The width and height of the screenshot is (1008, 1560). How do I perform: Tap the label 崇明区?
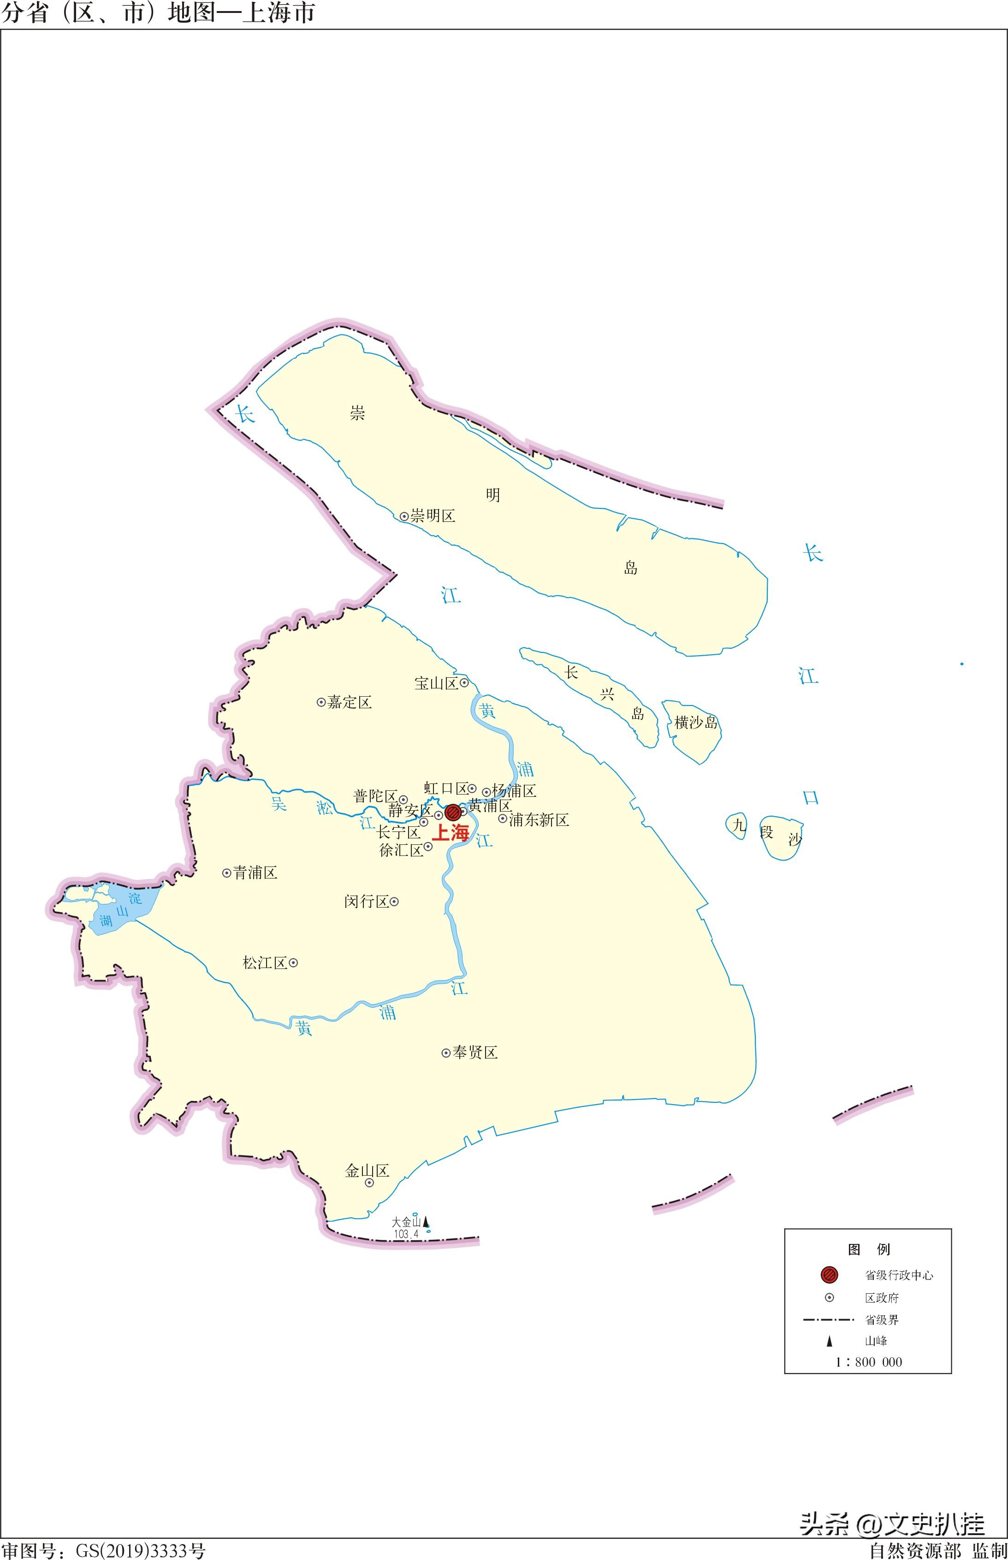[433, 516]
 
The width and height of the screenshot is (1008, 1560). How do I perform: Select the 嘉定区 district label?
[350, 703]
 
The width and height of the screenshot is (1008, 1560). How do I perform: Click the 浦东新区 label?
[539, 819]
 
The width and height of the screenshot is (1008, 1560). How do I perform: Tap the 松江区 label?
[265, 963]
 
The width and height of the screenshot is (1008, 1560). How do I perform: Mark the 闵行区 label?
[367, 902]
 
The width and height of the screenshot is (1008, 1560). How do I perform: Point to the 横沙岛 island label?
[696, 723]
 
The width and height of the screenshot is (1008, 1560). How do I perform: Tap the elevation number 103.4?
[406, 1234]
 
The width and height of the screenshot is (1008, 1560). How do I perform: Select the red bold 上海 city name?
[451, 833]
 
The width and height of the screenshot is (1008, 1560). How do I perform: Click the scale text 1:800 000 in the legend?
[869, 1362]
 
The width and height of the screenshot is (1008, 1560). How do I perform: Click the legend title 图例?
[869, 1249]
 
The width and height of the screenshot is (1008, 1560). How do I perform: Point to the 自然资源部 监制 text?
[938, 1551]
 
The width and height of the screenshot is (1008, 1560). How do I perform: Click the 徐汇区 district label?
[401, 850]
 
